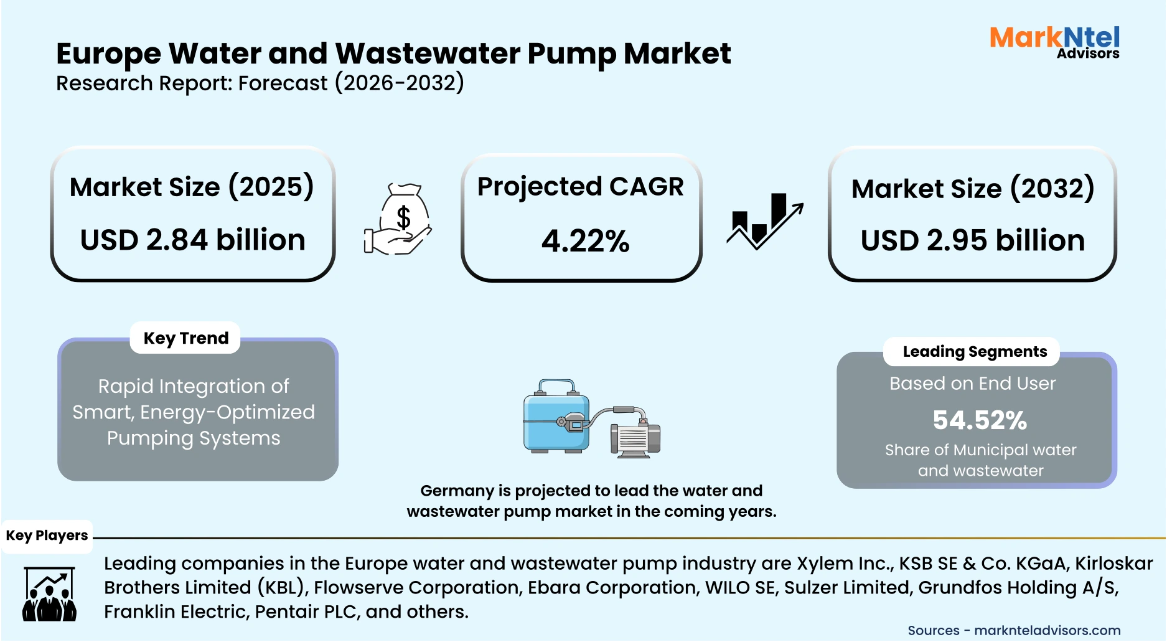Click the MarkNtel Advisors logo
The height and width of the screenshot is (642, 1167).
1054,42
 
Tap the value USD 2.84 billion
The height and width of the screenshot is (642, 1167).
193,240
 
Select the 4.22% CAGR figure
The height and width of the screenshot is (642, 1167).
585,241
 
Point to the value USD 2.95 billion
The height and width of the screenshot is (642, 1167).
972,240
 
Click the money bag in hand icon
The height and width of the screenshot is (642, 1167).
399,219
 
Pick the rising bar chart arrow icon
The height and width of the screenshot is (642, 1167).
765,221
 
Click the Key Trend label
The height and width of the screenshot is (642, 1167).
185,338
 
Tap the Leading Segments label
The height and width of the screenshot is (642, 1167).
974,352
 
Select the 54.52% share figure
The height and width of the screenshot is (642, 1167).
980,420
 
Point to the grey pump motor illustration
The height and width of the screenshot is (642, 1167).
635,438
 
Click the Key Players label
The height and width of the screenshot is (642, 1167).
47,536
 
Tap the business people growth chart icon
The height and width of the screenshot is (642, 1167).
49,594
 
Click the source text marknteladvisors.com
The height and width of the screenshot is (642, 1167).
1047,631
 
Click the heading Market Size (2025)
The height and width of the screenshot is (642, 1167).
192,187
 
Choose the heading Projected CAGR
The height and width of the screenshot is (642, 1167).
580,187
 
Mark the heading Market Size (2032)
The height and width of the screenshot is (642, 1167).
972,189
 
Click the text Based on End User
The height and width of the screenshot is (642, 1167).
972,384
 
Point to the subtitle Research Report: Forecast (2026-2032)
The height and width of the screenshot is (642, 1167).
260,83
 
